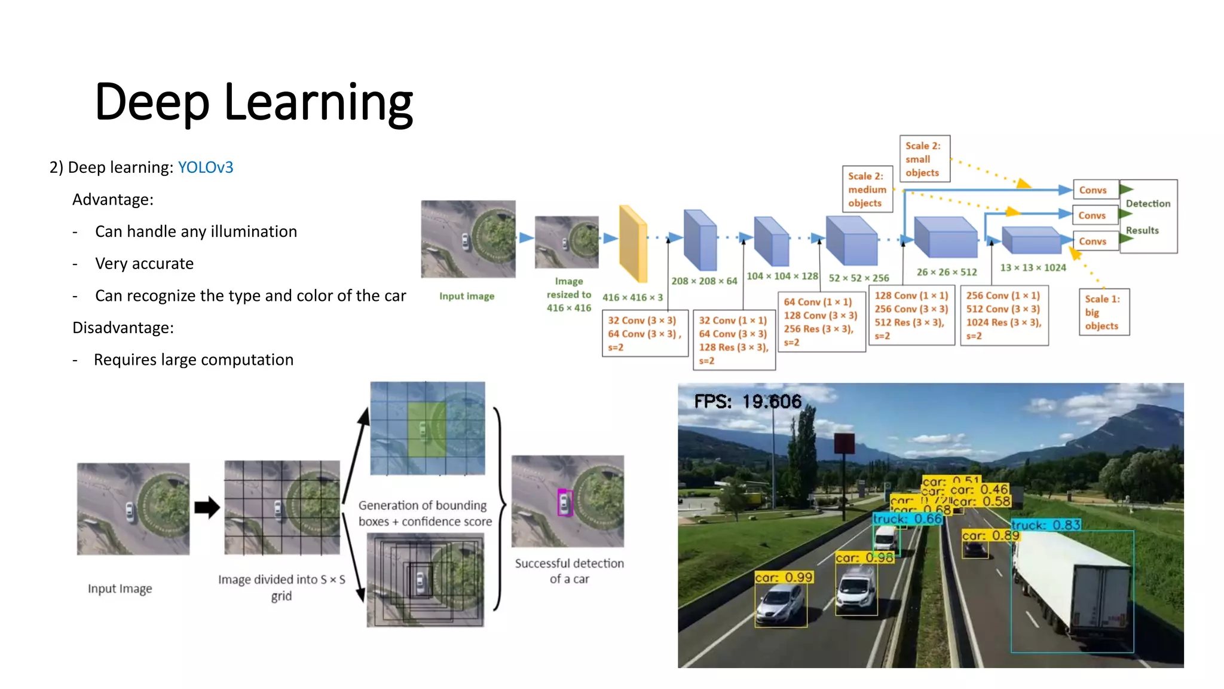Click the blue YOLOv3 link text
[x=205, y=167]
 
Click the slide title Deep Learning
[x=253, y=102]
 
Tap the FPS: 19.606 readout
[x=747, y=401]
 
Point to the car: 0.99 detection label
[x=784, y=577]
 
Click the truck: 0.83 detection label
[x=1046, y=525]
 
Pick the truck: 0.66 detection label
[x=907, y=519]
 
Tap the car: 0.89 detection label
[x=990, y=535]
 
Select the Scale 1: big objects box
[x=1103, y=312]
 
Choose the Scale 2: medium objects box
[x=867, y=190]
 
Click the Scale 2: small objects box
[x=924, y=159]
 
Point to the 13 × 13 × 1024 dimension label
[x=1033, y=268]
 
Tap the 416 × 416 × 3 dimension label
[x=632, y=297]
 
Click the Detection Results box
[x=1148, y=217]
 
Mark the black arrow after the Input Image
[x=207, y=508]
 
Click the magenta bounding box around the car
[x=564, y=502]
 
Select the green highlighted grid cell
[x=426, y=430]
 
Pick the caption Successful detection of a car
[x=569, y=571]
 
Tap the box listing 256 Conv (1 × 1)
[x=1004, y=316]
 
